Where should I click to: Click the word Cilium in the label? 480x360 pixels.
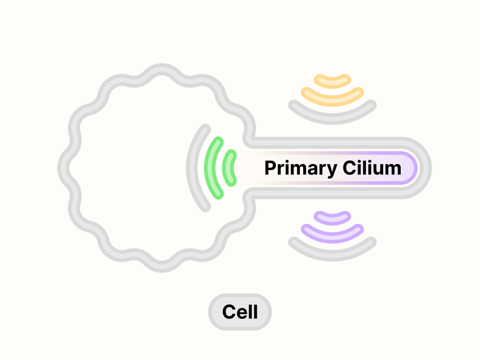coord(372,168)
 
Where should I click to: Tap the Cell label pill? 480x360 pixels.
coord(240,312)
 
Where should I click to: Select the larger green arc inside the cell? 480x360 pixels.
coord(210,168)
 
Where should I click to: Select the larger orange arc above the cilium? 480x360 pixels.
coord(332,97)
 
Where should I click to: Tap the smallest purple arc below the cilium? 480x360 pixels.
coord(332,218)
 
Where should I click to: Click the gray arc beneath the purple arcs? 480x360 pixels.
coord(332,252)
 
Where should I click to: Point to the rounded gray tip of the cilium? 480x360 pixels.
coord(426,168)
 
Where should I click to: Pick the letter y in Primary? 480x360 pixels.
coord(332,170)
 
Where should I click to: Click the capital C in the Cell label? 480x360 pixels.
coord(229,312)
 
